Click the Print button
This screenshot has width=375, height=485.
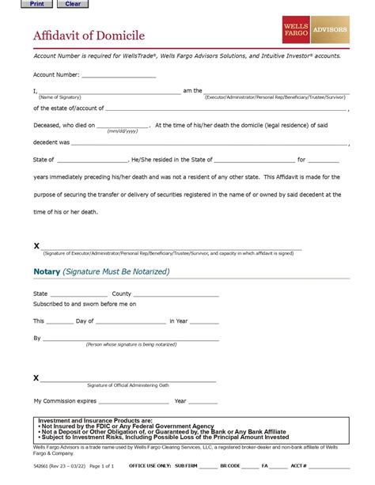coord(36,4)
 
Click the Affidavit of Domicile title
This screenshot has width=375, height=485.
coord(89,36)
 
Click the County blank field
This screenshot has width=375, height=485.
coord(176,294)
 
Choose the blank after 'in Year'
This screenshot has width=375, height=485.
coord(204,321)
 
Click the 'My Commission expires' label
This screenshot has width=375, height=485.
coord(65,401)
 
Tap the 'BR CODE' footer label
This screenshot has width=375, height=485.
coord(230,466)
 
